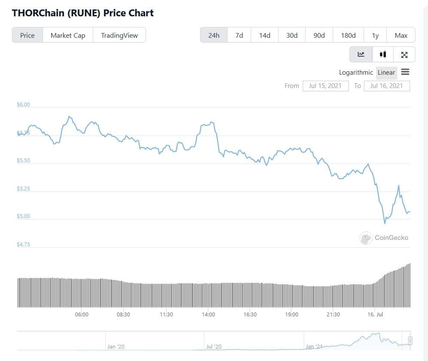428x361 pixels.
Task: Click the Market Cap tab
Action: pyautogui.click(x=68, y=35)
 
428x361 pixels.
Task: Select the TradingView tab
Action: pyautogui.click(x=119, y=35)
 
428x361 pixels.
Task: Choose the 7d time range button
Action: pyautogui.click(x=239, y=35)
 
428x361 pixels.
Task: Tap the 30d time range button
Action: pyautogui.click(x=292, y=35)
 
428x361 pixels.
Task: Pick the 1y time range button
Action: pyautogui.click(x=375, y=35)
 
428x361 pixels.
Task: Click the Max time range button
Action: pyautogui.click(x=401, y=35)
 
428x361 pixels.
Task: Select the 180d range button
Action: pyautogui.click(x=348, y=35)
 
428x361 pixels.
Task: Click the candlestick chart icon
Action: pyautogui.click(x=383, y=55)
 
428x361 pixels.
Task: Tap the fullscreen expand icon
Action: pyautogui.click(x=404, y=55)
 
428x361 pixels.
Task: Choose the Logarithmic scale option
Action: pyautogui.click(x=356, y=73)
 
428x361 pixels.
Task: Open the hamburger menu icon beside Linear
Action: pyautogui.click(x=405, y=72)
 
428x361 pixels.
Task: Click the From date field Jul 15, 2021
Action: pyautogui.click(x=325, y=86)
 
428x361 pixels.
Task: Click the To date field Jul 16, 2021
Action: pyautogui.click(x=386, y=86)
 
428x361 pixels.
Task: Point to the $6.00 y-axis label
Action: pyautogui.click(x=23, y=105)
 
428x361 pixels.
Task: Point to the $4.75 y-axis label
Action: pyautogui.click(x=23, y=245)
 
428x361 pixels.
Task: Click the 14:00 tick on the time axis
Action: pyautogui.click(x=208, y=315)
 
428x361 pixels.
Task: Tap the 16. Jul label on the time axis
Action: pyautogui.click(x=375, y=315)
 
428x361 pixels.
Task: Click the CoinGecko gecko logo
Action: pyautogui.click(x=366, y=238)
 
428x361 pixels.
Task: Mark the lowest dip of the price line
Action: pyautogui.click(x=385, y=223)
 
